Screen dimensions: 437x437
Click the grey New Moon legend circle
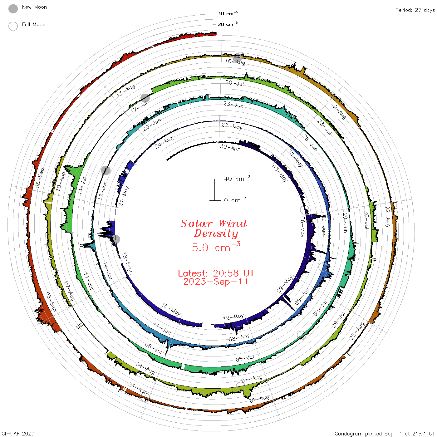[13, 9]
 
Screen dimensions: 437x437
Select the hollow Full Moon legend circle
[13, 26]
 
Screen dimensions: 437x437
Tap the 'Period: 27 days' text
[415, 10]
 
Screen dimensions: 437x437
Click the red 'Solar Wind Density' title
[214, 228]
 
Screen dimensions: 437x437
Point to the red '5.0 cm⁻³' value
[216, 247]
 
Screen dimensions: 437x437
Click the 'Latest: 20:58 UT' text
[216, 273]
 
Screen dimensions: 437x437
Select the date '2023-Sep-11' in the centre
[216, 282]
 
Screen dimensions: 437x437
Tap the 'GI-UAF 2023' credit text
[18, 433]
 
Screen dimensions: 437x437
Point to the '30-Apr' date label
[230, 147]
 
